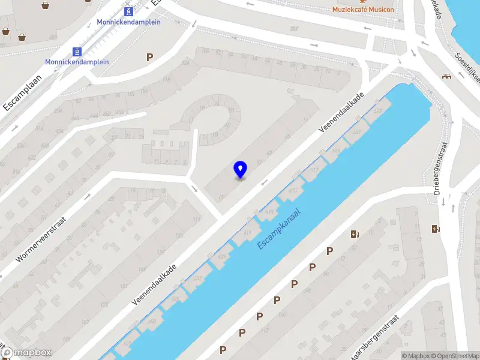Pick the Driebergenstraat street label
[x=442, y=169]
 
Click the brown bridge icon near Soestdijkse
[x=446, y=76]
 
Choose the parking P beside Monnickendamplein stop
[x=149, y=57]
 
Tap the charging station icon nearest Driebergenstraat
[x=436, y=229]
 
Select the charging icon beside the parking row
[x=355, y=235]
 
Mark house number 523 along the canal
[x=358, y=131]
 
